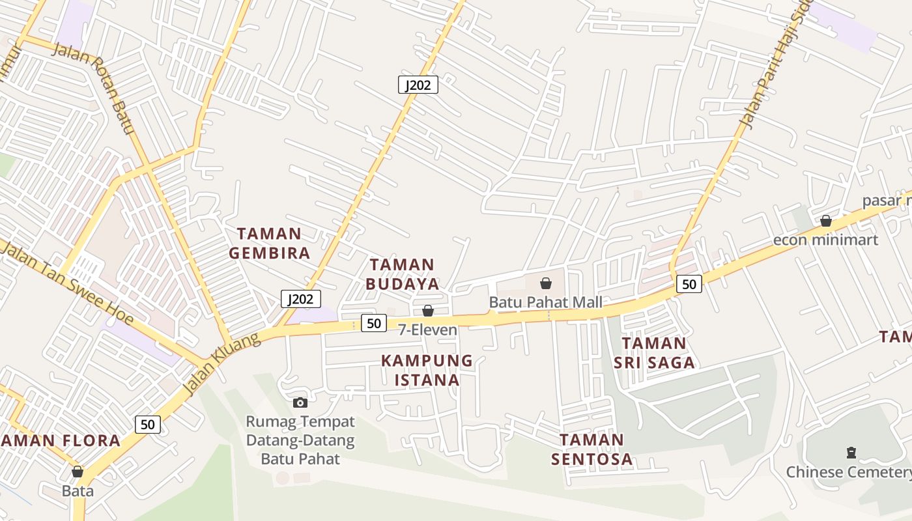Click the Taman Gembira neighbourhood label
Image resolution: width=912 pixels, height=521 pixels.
pyautogui.click(x=269, y=243)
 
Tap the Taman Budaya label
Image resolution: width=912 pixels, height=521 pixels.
pyautogui.click(x=402, y=274)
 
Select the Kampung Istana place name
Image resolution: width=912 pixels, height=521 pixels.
pyautogui.click(x=427, y=370)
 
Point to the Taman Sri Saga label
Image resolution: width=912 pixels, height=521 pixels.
pyautogui.click(x=654, y=353)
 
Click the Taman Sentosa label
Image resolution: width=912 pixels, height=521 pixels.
pyautogui.click(x=591, y=449)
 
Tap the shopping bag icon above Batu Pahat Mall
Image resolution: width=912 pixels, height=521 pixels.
pyautogui.click(x=546, y=283)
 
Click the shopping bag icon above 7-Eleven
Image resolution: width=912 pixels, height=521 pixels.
pyautogui.click(x=428, y=311)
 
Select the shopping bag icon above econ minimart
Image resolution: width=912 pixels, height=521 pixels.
pyautogui.click(x=825, y=221)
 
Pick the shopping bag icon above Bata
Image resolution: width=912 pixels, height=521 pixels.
pyautogui.click(x=78, y=472)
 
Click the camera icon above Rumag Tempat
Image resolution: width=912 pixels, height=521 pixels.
pyautogui.click(x=300, y=402)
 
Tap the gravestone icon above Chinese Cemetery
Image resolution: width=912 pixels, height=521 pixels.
pyautogui.click(x=850, y=453)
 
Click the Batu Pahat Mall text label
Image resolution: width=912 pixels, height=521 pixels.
pyautogui.click(x=545, y=303)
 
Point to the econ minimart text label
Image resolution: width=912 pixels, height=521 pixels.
pyautogui.click(x=825, y=240)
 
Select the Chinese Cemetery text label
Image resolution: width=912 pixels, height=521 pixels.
pyautogui.click(x=848, y=472)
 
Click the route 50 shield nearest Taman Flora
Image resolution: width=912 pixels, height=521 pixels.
pyautogui.click(x=148, y=425)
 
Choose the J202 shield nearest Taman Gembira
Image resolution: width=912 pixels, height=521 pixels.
pyautogui.click(x=301, y=299)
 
